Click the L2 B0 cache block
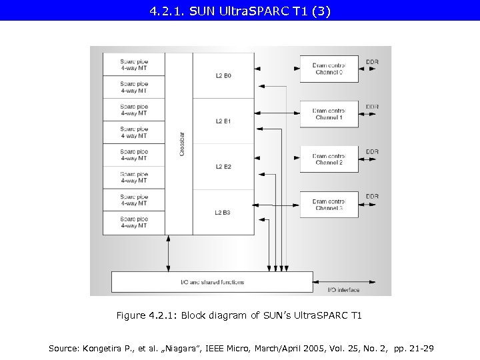(x=223, y=76)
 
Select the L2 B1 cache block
(x=223, y=121)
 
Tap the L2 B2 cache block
(x=223, y=167)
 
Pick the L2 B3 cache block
(x=223, y=212)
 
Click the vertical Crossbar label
(x=182, y=144)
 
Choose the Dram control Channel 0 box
(x=329, y=69)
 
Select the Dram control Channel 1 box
(x=329, y=114)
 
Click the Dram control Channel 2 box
(x=329, y=159)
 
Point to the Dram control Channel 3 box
(x=329, y=205)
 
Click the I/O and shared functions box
(x=212, y=282)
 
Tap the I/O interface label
(x=343, y=290)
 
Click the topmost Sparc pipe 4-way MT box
(x=134, y=65)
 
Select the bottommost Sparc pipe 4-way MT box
(x=134, y=223)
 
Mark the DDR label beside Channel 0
(x=372, y=62)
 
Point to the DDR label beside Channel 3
(x=372, y=197)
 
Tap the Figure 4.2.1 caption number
(x=161, y=315)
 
